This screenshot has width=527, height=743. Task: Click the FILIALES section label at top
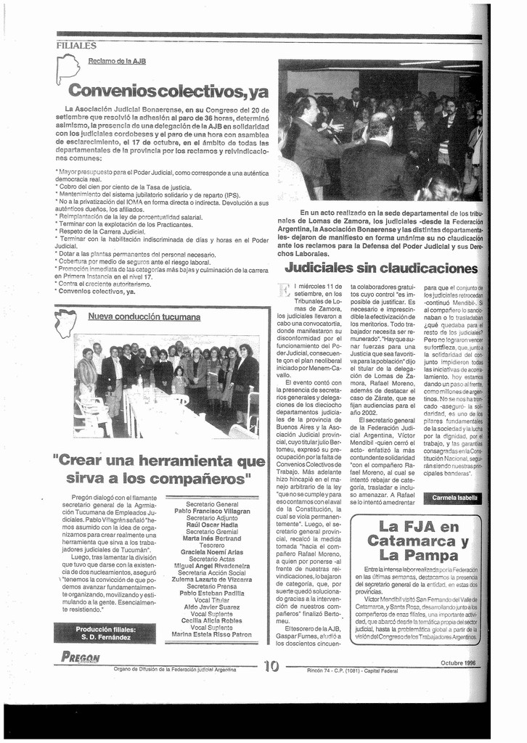(x=77, y=45)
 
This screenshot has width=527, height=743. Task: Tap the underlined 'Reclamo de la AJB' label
(x=117, y=61)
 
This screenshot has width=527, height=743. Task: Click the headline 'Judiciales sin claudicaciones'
(x=380, y=268)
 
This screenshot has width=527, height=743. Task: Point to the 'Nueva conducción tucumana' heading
(x=144, y=316)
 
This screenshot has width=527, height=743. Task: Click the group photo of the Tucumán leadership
(x=166, y=387)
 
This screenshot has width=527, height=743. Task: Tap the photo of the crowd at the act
(x=379, y=131)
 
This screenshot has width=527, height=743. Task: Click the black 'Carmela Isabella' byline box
(x=454, y=498)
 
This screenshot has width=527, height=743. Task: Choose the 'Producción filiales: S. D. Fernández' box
(x=104, y=633)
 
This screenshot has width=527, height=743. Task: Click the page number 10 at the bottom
(x=271, y=665)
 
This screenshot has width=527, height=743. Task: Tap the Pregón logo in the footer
(x=81, y=657)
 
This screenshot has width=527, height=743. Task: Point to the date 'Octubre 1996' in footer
(x=459, y=662)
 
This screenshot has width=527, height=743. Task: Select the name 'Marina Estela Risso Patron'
(x=212, y=634)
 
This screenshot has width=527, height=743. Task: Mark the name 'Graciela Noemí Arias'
(x=212, y=552)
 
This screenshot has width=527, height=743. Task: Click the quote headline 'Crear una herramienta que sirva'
(x=159, y=469)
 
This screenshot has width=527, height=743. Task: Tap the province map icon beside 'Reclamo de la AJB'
(x=67, y=70)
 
